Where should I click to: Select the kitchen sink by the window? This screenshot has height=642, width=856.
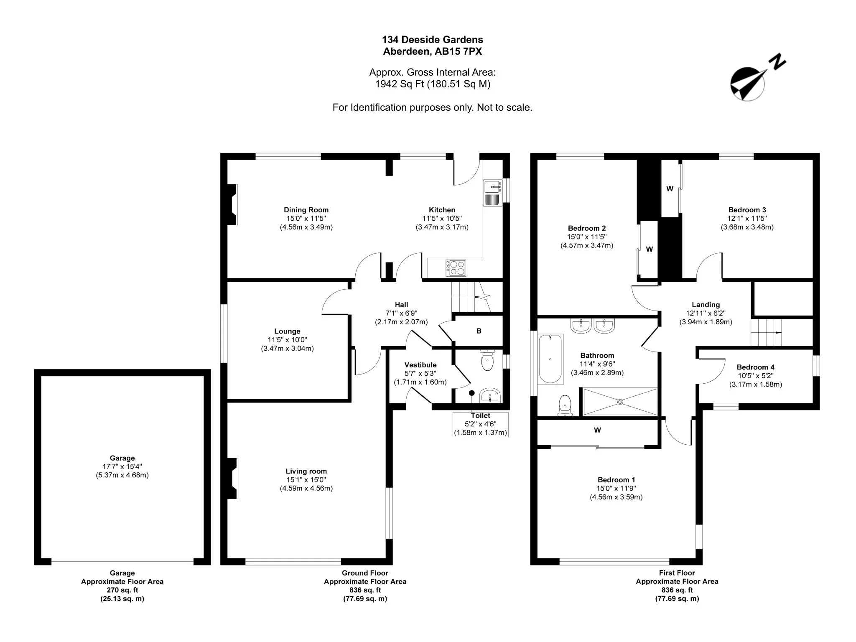coord(493,193)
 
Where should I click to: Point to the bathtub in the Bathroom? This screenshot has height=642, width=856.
coord(550,359)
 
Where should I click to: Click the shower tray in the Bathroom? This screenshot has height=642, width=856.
coord(619,402)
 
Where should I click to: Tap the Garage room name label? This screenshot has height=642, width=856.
coord(122,458)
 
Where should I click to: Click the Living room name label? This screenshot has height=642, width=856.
coord(306,471)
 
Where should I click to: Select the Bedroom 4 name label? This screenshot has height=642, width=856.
coord(755,367)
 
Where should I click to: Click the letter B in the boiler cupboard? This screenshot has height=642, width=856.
coord(479,331)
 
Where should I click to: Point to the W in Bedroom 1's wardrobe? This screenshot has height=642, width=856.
coord(597,430)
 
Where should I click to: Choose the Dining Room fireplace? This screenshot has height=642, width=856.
coord(232,204)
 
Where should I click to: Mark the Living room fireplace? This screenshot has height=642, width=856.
coord(232,478)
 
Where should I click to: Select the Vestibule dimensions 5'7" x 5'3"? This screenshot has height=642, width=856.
coord(420,374)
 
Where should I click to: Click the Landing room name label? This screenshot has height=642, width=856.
coord(706,305)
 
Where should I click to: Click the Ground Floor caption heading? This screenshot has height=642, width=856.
coord(365,573)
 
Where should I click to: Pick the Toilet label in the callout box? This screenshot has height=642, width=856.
coord(480,415)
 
